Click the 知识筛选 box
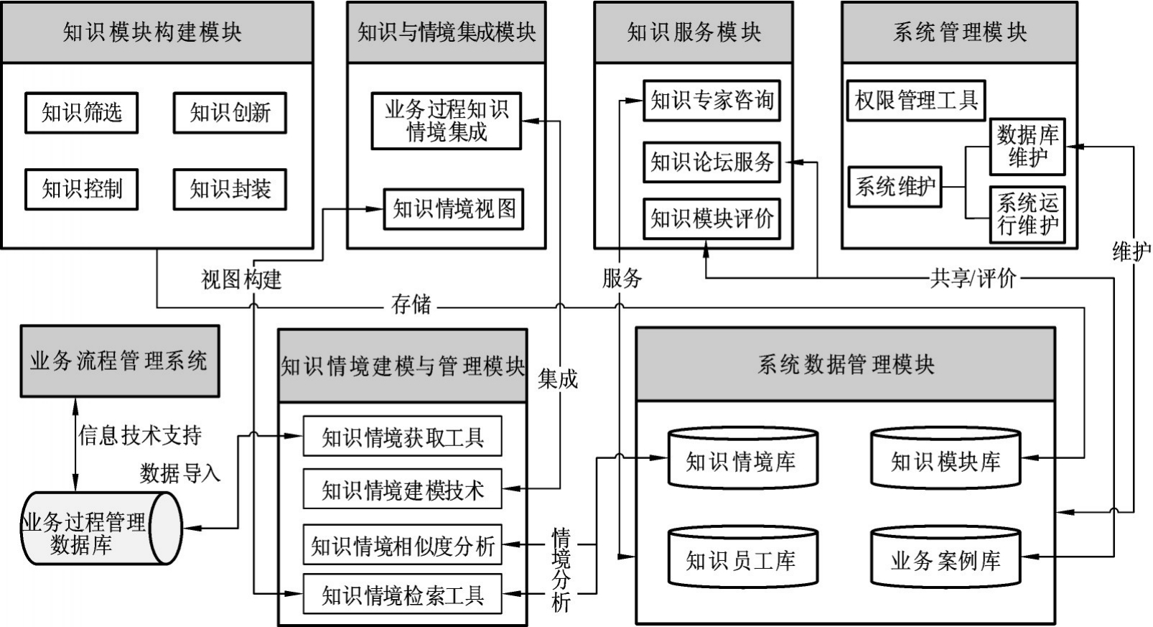(81, 113)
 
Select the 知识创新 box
(230, 113)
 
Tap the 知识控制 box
(81, 190)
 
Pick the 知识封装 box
(230, 190)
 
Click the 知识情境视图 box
(453, 209)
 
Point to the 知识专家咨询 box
(711, 101)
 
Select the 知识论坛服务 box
(711, 162)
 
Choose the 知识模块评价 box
(711, 218)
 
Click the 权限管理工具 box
(916, 101)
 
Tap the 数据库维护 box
(1027, 147)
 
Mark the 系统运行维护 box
(1027, 214)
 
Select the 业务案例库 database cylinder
(945, 559)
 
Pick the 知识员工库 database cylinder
(742, 559)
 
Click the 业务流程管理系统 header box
(119, 361)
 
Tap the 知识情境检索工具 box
(402, 594)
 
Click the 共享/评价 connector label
(973, 279)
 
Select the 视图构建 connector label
(241, 279)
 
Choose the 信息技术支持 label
(140, 435)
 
